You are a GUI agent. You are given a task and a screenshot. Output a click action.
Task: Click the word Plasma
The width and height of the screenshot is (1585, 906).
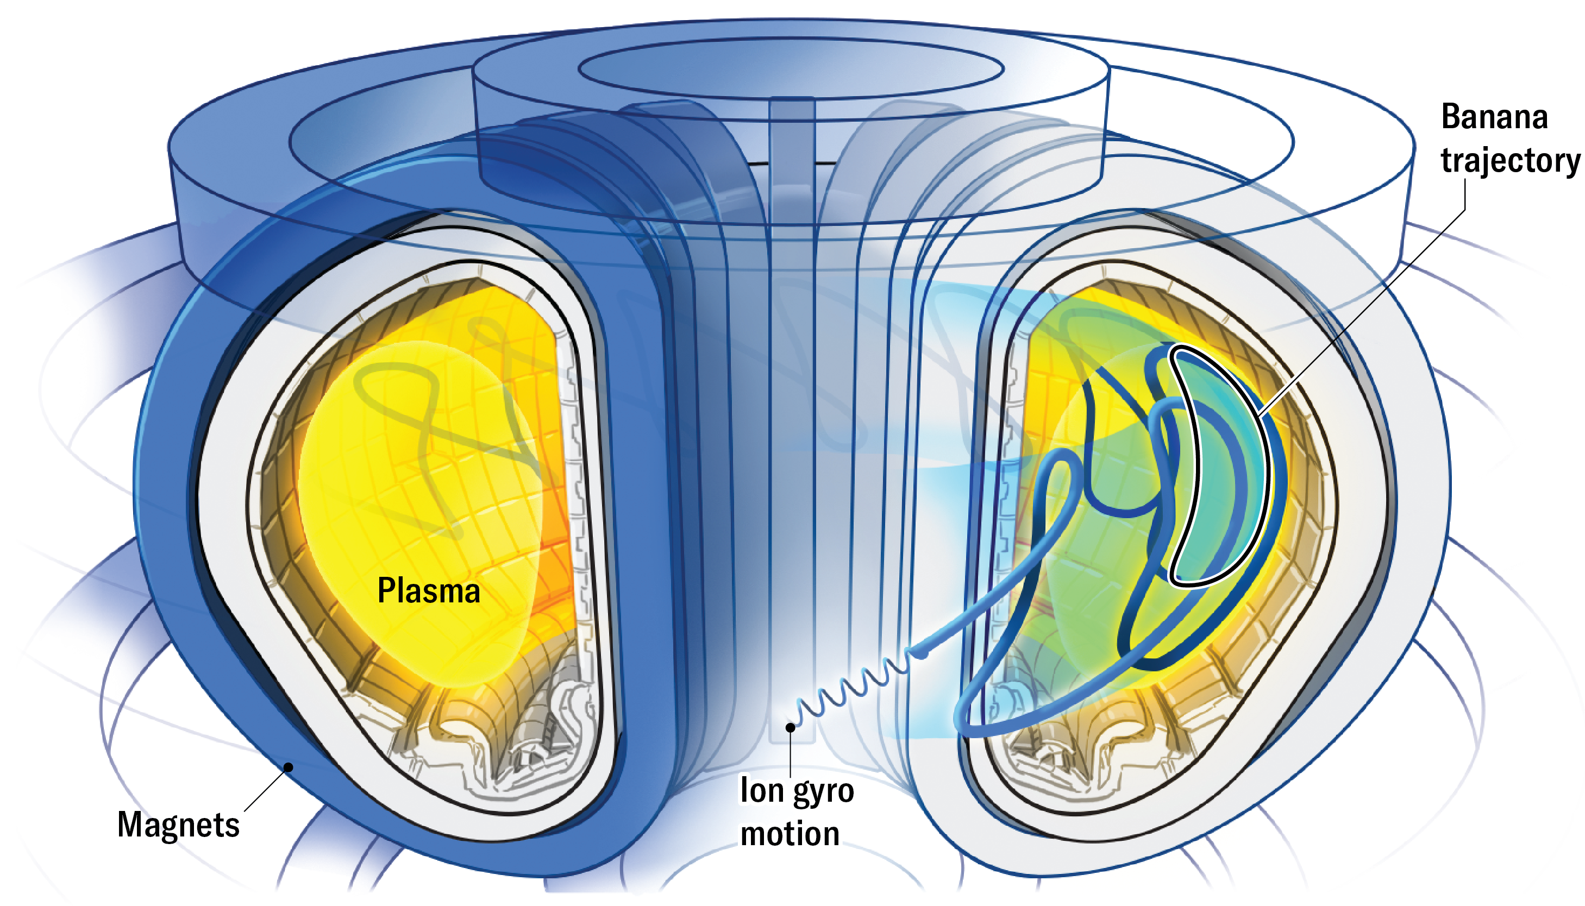pos(429,590)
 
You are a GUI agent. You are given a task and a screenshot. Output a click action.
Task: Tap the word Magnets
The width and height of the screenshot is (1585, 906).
pos(178,825)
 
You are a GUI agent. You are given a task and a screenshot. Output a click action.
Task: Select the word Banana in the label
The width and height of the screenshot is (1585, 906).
pos(1494,117)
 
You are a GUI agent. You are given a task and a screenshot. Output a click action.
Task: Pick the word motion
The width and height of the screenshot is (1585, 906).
pos(790,834)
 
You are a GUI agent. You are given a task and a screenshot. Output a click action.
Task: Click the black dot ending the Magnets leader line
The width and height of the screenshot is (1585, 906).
pos(289,766)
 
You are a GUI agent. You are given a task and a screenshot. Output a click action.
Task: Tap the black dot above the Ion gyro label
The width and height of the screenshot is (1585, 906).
pos(790,727)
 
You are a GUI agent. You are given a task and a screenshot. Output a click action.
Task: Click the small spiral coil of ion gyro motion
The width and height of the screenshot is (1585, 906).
pos(853,688)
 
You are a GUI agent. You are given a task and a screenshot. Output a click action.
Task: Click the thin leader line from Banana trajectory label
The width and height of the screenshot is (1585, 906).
pos(1369,305)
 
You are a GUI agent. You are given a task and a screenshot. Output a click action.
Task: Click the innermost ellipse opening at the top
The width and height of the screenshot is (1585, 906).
pos(790,68)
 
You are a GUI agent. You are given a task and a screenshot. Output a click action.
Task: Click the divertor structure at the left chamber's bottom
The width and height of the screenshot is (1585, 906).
pos(498,747)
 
